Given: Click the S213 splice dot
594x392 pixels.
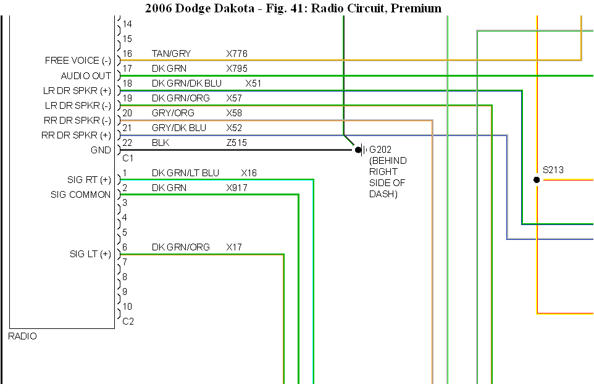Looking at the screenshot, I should click(x=537, y=180).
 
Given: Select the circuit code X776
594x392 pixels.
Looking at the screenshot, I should click(x=236, y=54).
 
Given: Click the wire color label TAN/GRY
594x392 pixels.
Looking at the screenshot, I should click(x=171, y=54).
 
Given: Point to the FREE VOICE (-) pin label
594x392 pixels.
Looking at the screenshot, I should click(x=78, y=61).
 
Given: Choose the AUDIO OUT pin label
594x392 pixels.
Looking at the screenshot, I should click(x=86, y=75).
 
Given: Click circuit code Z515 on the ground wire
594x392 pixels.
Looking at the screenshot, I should click(x=236, y=143).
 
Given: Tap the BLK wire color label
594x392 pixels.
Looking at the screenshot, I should click(x=161, y=143).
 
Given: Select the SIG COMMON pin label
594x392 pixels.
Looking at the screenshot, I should click(x=81, y=195).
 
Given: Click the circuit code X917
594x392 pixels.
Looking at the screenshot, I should click(x=236, y=187).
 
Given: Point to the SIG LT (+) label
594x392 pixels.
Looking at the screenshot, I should click(x=90, y=254).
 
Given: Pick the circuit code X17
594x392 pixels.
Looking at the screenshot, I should click(x=234, y=247).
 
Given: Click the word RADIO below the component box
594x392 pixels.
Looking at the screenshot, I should click(x=22, y=336).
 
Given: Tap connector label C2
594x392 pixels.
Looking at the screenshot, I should click(x=128, y=322).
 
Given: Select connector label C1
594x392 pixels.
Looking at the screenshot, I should click(x=128, y=158).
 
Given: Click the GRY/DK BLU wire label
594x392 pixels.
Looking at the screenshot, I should click(x=179, y=128).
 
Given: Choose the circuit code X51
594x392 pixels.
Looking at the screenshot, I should click(x=253, y=83).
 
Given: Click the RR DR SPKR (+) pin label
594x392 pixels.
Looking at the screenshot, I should click(x=77, y=135).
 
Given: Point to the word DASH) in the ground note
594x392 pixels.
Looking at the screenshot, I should click(x=383, y=194).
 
